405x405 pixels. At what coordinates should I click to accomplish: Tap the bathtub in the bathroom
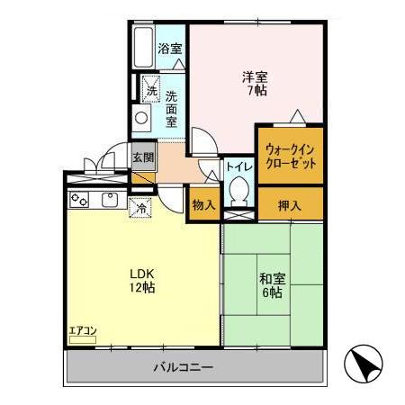144,48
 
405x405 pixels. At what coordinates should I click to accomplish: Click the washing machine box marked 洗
151,90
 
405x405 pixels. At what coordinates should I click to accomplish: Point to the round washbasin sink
142,117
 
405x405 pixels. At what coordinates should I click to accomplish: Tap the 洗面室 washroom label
171,106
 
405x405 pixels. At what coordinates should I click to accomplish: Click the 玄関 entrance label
142,157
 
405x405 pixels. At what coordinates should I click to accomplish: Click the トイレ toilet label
238,166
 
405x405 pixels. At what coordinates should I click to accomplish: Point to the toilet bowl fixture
239,190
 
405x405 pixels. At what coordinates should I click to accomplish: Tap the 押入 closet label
290,204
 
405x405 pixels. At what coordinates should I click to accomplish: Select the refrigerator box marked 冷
140,209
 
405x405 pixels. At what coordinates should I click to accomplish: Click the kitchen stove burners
80,199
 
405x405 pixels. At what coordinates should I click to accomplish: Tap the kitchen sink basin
111,199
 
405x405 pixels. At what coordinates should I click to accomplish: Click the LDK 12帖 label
142,280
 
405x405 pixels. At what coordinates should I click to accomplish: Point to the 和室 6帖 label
272,284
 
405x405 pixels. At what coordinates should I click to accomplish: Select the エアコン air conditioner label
82,331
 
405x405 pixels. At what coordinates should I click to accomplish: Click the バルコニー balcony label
183,367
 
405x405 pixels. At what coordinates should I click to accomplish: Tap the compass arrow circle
365,364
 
